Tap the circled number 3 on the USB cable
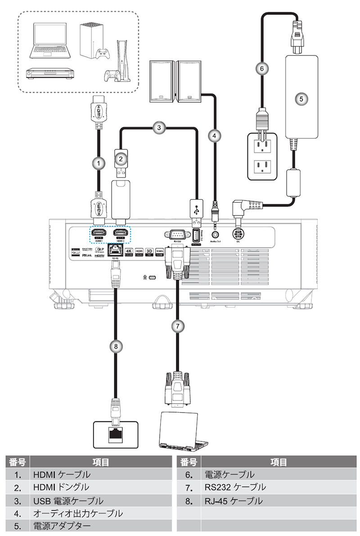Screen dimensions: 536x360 [x=157, y=127]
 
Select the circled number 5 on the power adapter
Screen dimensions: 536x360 [x=302, y=98]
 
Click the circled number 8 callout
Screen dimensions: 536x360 [x=116, y=346]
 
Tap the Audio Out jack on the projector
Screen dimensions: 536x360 [x=218, y=234]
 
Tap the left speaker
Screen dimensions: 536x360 [x=162, y=81]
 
